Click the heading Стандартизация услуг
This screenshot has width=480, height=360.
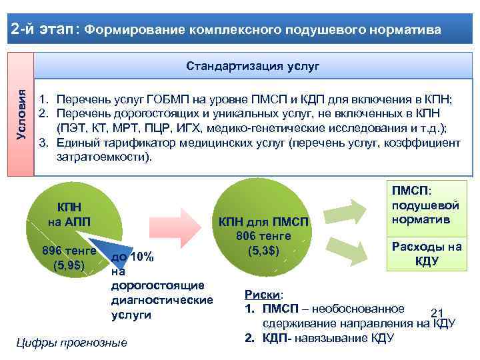253,67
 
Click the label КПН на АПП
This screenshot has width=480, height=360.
69,214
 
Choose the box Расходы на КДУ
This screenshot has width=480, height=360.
426,253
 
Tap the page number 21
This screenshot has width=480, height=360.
437,313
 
